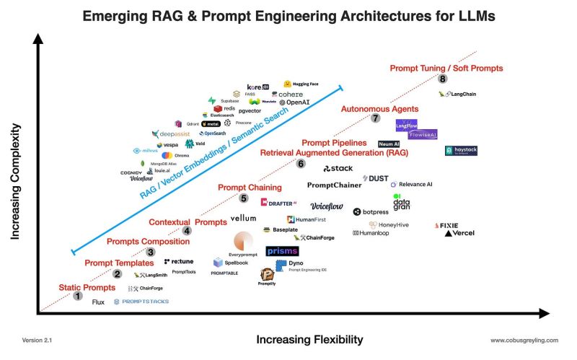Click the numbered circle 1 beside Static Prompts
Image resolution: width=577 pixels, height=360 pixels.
coord(78,296)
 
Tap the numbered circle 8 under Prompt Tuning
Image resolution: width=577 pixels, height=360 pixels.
coord(442,79)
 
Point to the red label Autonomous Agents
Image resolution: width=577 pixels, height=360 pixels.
coord(379,109)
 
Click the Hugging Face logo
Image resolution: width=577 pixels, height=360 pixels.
coord(300,84)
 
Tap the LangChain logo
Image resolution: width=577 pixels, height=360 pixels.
coord(458,94)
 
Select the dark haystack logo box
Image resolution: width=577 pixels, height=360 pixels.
coord(461,151)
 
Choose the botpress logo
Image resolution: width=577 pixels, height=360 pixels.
coord(371,211)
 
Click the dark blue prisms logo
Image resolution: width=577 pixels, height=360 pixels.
coord(282,251)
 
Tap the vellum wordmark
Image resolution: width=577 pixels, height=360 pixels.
coord(243,218)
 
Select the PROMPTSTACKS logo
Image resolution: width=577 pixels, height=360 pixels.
coord(141,302)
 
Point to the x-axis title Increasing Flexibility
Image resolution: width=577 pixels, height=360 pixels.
coord(309,340)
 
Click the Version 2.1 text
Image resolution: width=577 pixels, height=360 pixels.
coord(37,340)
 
